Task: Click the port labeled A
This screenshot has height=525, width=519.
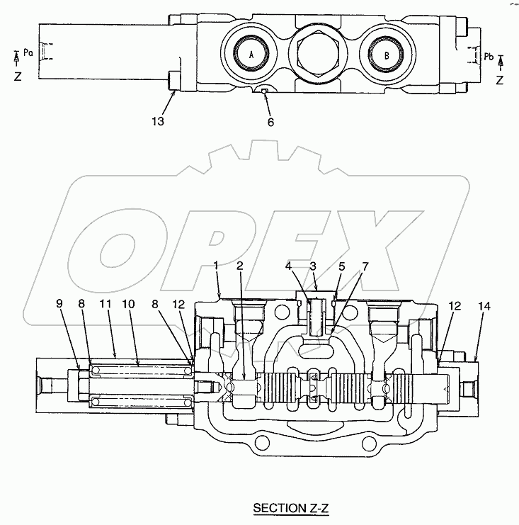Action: (x=251, y=54)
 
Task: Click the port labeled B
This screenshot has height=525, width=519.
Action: (x=386, y=55)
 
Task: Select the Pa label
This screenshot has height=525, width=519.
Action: (x=28, y=53)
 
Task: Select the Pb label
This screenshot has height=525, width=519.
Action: (x=489, y=57)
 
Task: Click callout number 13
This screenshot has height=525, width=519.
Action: (x=158, y=121)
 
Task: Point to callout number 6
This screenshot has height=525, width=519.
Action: (x=270, y=122)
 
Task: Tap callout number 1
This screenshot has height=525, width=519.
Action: (x=216, y=266)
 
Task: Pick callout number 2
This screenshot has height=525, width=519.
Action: (x=239, y=266)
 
